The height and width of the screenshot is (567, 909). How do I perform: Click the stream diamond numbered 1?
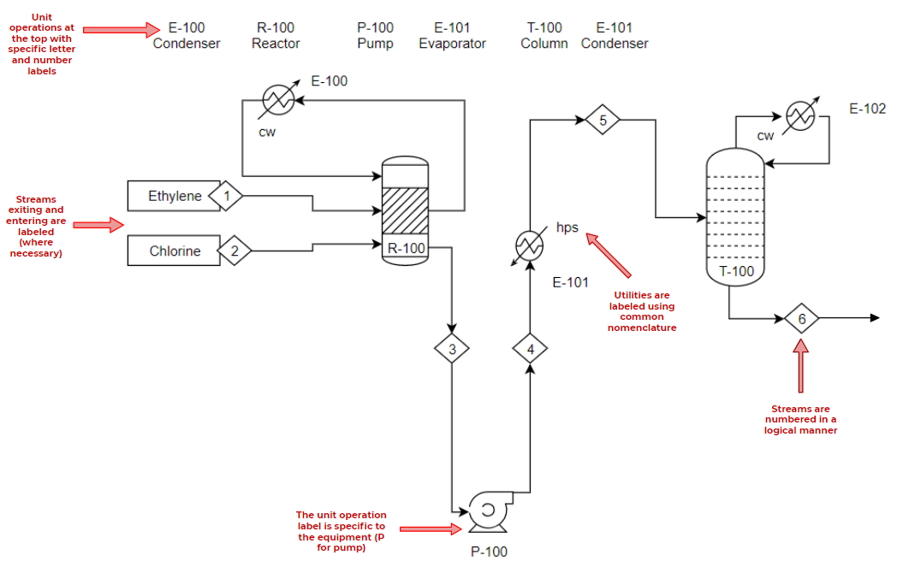[x=226, y=196]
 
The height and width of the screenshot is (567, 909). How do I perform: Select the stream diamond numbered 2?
[x=234, y=251]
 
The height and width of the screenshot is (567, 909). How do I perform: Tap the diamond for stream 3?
[x=452, y=348]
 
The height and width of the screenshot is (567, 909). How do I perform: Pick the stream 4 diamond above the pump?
[x=530, y=348]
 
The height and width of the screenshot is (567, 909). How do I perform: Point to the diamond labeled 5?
[x=603, y=120]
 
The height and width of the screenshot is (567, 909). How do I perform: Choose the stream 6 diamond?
[x=801, y=318]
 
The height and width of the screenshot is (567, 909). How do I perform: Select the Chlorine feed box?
[x=175, y=251]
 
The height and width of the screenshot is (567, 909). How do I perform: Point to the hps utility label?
[x=567, y=227]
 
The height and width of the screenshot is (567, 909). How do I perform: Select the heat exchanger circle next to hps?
[x=529, y=246]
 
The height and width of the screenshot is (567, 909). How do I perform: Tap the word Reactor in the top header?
[x=276, y=44]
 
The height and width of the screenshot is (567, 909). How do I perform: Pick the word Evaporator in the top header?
[x=452, y=44]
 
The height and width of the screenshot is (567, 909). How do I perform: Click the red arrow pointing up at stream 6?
[x=801, y=368]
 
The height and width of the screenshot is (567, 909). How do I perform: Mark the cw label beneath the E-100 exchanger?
[x=267, y=132]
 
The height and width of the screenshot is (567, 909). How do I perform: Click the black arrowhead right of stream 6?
[x=874, y=318]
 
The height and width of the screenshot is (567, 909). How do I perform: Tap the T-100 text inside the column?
[x=736, y=272]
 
